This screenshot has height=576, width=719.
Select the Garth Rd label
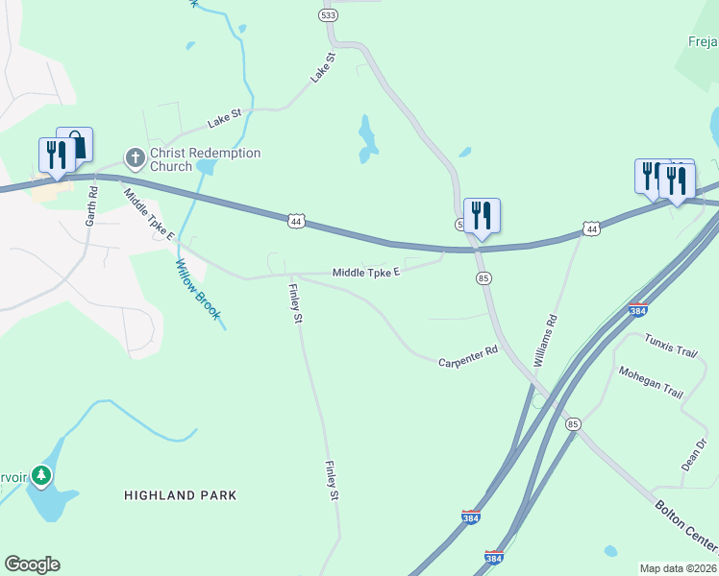pyautogui.click(x=92, y=205)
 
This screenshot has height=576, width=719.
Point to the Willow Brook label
pyautogui.click(x=198, y=290)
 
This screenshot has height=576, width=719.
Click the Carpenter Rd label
pyautogui.click(x=468, y=357)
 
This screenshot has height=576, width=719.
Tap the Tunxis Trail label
pyautogui.click(x=670, y=346)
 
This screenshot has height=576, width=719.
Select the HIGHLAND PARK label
pyautogui.click(x=180, y=495)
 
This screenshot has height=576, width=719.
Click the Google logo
pyautogui.click(x=32, y=564)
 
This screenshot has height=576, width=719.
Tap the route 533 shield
pyautogui.click(x=328, y=15)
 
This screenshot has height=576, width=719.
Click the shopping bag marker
pyautogui.click(x=76, y=145)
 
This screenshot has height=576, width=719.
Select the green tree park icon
pyautogui.click(x=40, y=474)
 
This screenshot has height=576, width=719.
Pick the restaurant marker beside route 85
pyautogui.click(x=482, y=215)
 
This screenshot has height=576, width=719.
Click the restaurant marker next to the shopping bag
pyautogui.click(x=56, y=156)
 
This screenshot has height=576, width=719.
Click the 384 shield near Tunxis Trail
pyautogui.click(x=638, y=309)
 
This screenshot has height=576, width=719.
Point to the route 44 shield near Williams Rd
pyautogui.click(x=592, y=228)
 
